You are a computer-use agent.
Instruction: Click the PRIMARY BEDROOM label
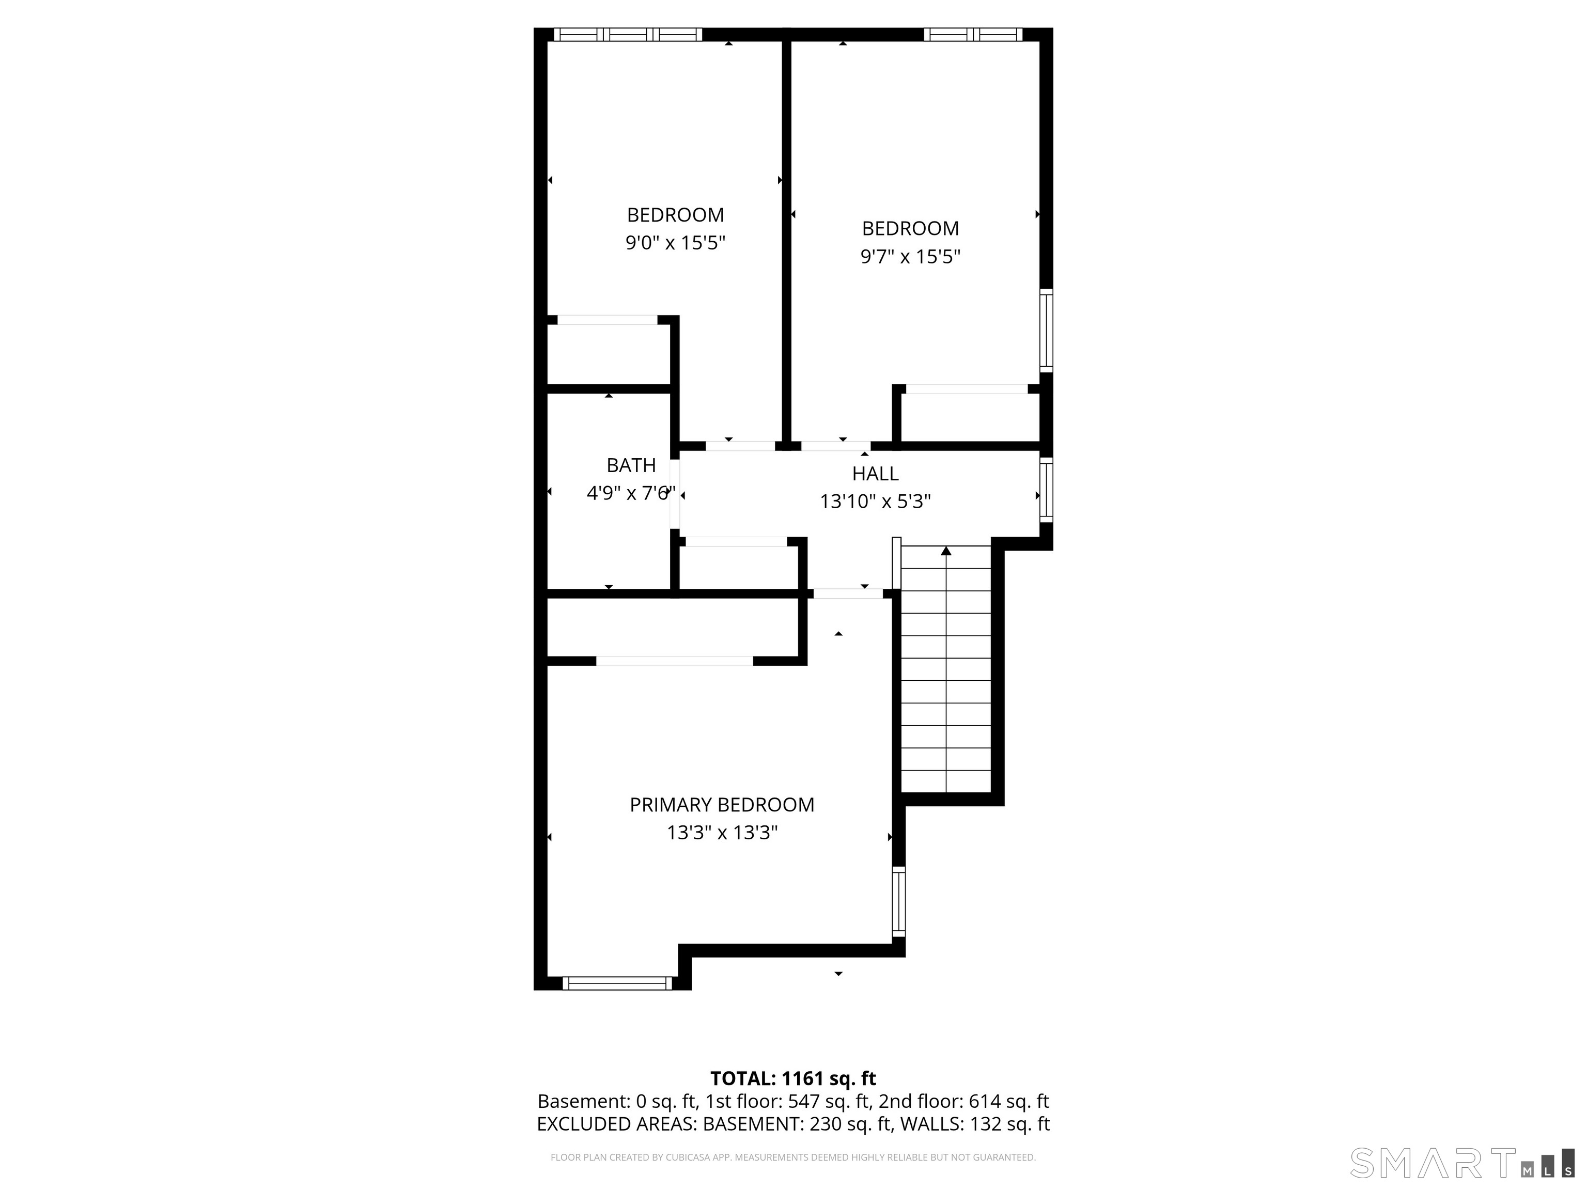tap(722, 805)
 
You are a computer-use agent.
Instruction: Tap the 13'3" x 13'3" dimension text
tap(722, 833)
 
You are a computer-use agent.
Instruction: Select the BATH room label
tap(631, 465)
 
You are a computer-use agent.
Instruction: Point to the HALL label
tap(875, 474)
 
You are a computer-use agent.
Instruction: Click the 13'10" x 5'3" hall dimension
tap(875, 502)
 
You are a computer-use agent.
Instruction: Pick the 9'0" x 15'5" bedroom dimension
tap(675, 242)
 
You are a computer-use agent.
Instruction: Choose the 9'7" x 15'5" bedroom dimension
tap(910, 256)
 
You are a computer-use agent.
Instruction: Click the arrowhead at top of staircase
tap(945, 551)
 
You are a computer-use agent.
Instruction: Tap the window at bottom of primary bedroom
tap(617, 983)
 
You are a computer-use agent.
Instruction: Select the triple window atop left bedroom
tap(628, 34)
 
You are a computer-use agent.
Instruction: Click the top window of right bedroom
tap(973, 34)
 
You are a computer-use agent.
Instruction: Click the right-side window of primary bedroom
tap(898, 902)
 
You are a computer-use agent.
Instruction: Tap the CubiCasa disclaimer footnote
tap(793, 1157)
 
